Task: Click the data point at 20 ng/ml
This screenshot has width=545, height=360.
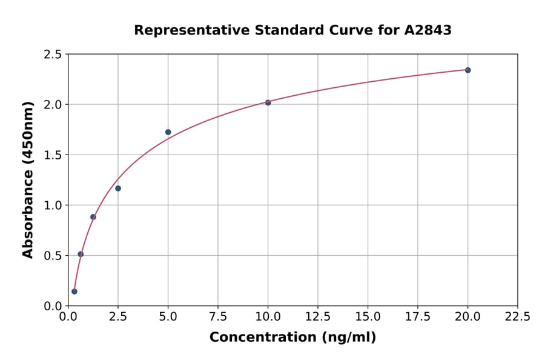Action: (x=467, y=70)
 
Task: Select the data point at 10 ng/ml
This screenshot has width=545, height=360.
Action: (x=268, y=102)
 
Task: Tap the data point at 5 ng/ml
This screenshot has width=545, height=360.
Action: (x=168, y=132)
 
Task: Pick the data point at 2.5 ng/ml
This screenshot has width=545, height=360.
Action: (x=118, y=188)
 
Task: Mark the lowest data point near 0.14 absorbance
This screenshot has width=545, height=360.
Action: (x=74, y=292)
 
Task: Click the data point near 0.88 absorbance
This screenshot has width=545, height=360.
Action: (x=93, y=217)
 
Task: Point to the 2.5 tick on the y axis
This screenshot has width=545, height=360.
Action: (x=53, y=55)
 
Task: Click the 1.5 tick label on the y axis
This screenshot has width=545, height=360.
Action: (x=53, y=155)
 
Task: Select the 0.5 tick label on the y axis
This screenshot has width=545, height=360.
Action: (x=53, y=256)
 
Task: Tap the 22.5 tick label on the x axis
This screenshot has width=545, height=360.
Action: (x=517, y=316)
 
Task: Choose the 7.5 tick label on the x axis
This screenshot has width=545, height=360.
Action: (x=218, y=316)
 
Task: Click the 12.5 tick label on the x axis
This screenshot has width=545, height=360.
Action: (x=317, y=316)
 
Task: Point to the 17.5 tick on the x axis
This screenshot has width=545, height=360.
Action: (x=417, y=316)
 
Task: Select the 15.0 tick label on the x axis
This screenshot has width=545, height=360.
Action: (x=368, y=316)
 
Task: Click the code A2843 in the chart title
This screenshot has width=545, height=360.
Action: (x=428, y=30)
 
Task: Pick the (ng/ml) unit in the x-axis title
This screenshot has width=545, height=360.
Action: (x=348, y=338)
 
